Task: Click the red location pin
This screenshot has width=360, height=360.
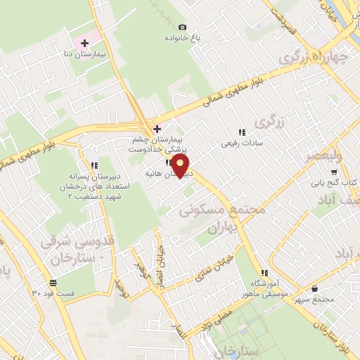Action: click(x=181, y=166)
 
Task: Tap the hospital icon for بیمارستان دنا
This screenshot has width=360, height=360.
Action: click(x=85, y=44)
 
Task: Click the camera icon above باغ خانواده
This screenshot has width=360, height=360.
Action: click(x=183, y=27)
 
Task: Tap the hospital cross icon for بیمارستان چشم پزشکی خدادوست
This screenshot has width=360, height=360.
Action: click(x=157, y=129)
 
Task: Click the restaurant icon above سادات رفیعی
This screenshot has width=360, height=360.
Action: click(x=242, y=132)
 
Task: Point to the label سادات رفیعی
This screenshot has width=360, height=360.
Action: click(x=242, y=143)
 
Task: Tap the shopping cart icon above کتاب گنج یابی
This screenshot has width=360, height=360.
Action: click(x=334, y=172)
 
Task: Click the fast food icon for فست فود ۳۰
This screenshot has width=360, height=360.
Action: click(x=53, y=283)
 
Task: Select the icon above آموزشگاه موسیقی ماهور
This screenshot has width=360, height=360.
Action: click(x=264, y=273)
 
